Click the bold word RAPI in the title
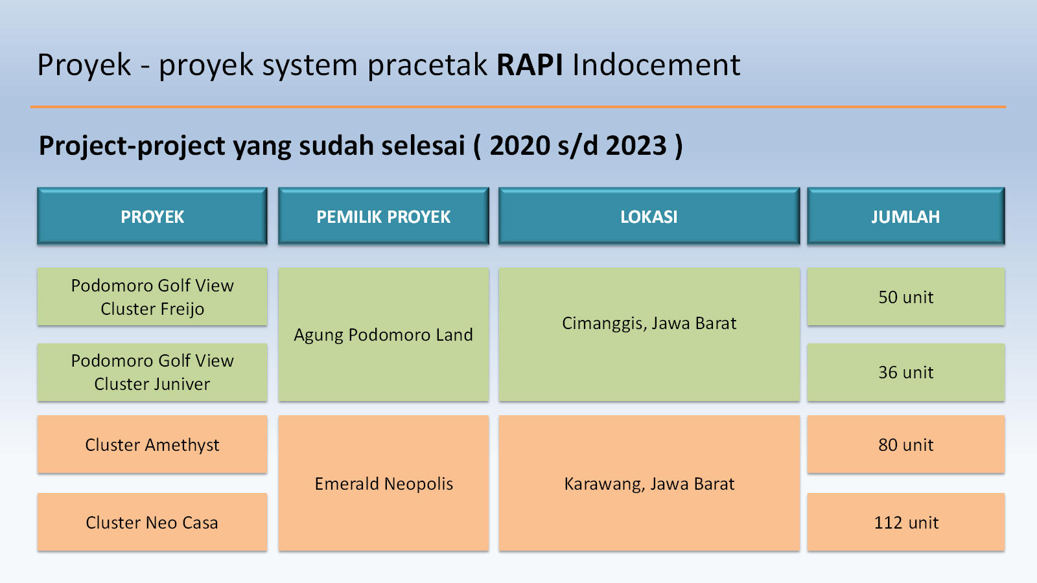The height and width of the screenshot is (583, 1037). (x=530, y=64)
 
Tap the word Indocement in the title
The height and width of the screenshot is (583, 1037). (x=657, y=64)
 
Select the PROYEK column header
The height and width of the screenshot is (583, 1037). (x=152, y=216)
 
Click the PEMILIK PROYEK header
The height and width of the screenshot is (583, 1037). (x=383, y=216)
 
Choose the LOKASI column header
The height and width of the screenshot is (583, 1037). (x=649, y=216)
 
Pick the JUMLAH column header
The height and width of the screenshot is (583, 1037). (x=906, y=216)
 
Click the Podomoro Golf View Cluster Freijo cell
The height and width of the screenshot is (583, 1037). (x=152, y=297)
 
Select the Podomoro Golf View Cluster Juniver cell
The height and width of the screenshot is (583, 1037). (x=152, y=372)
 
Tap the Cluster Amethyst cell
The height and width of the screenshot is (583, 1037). (x=152, y=444)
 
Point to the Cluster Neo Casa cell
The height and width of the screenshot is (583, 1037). (x=152, y=522)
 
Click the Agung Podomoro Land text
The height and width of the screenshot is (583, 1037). (x=383, y=334)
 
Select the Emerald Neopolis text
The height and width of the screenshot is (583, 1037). (x=384, y=483)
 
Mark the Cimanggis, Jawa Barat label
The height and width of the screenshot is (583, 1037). (x=649, y=323)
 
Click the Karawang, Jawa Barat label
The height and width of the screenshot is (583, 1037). (x=649, y=483)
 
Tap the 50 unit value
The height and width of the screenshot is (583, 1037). (x=906, y=297)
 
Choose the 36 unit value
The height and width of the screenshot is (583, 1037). (x=906, y=372)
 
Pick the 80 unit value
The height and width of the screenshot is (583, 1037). (x=906, y=444)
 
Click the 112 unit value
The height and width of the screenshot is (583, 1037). (x=906, y=522)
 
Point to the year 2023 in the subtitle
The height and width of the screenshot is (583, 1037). (x=636, y=145)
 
